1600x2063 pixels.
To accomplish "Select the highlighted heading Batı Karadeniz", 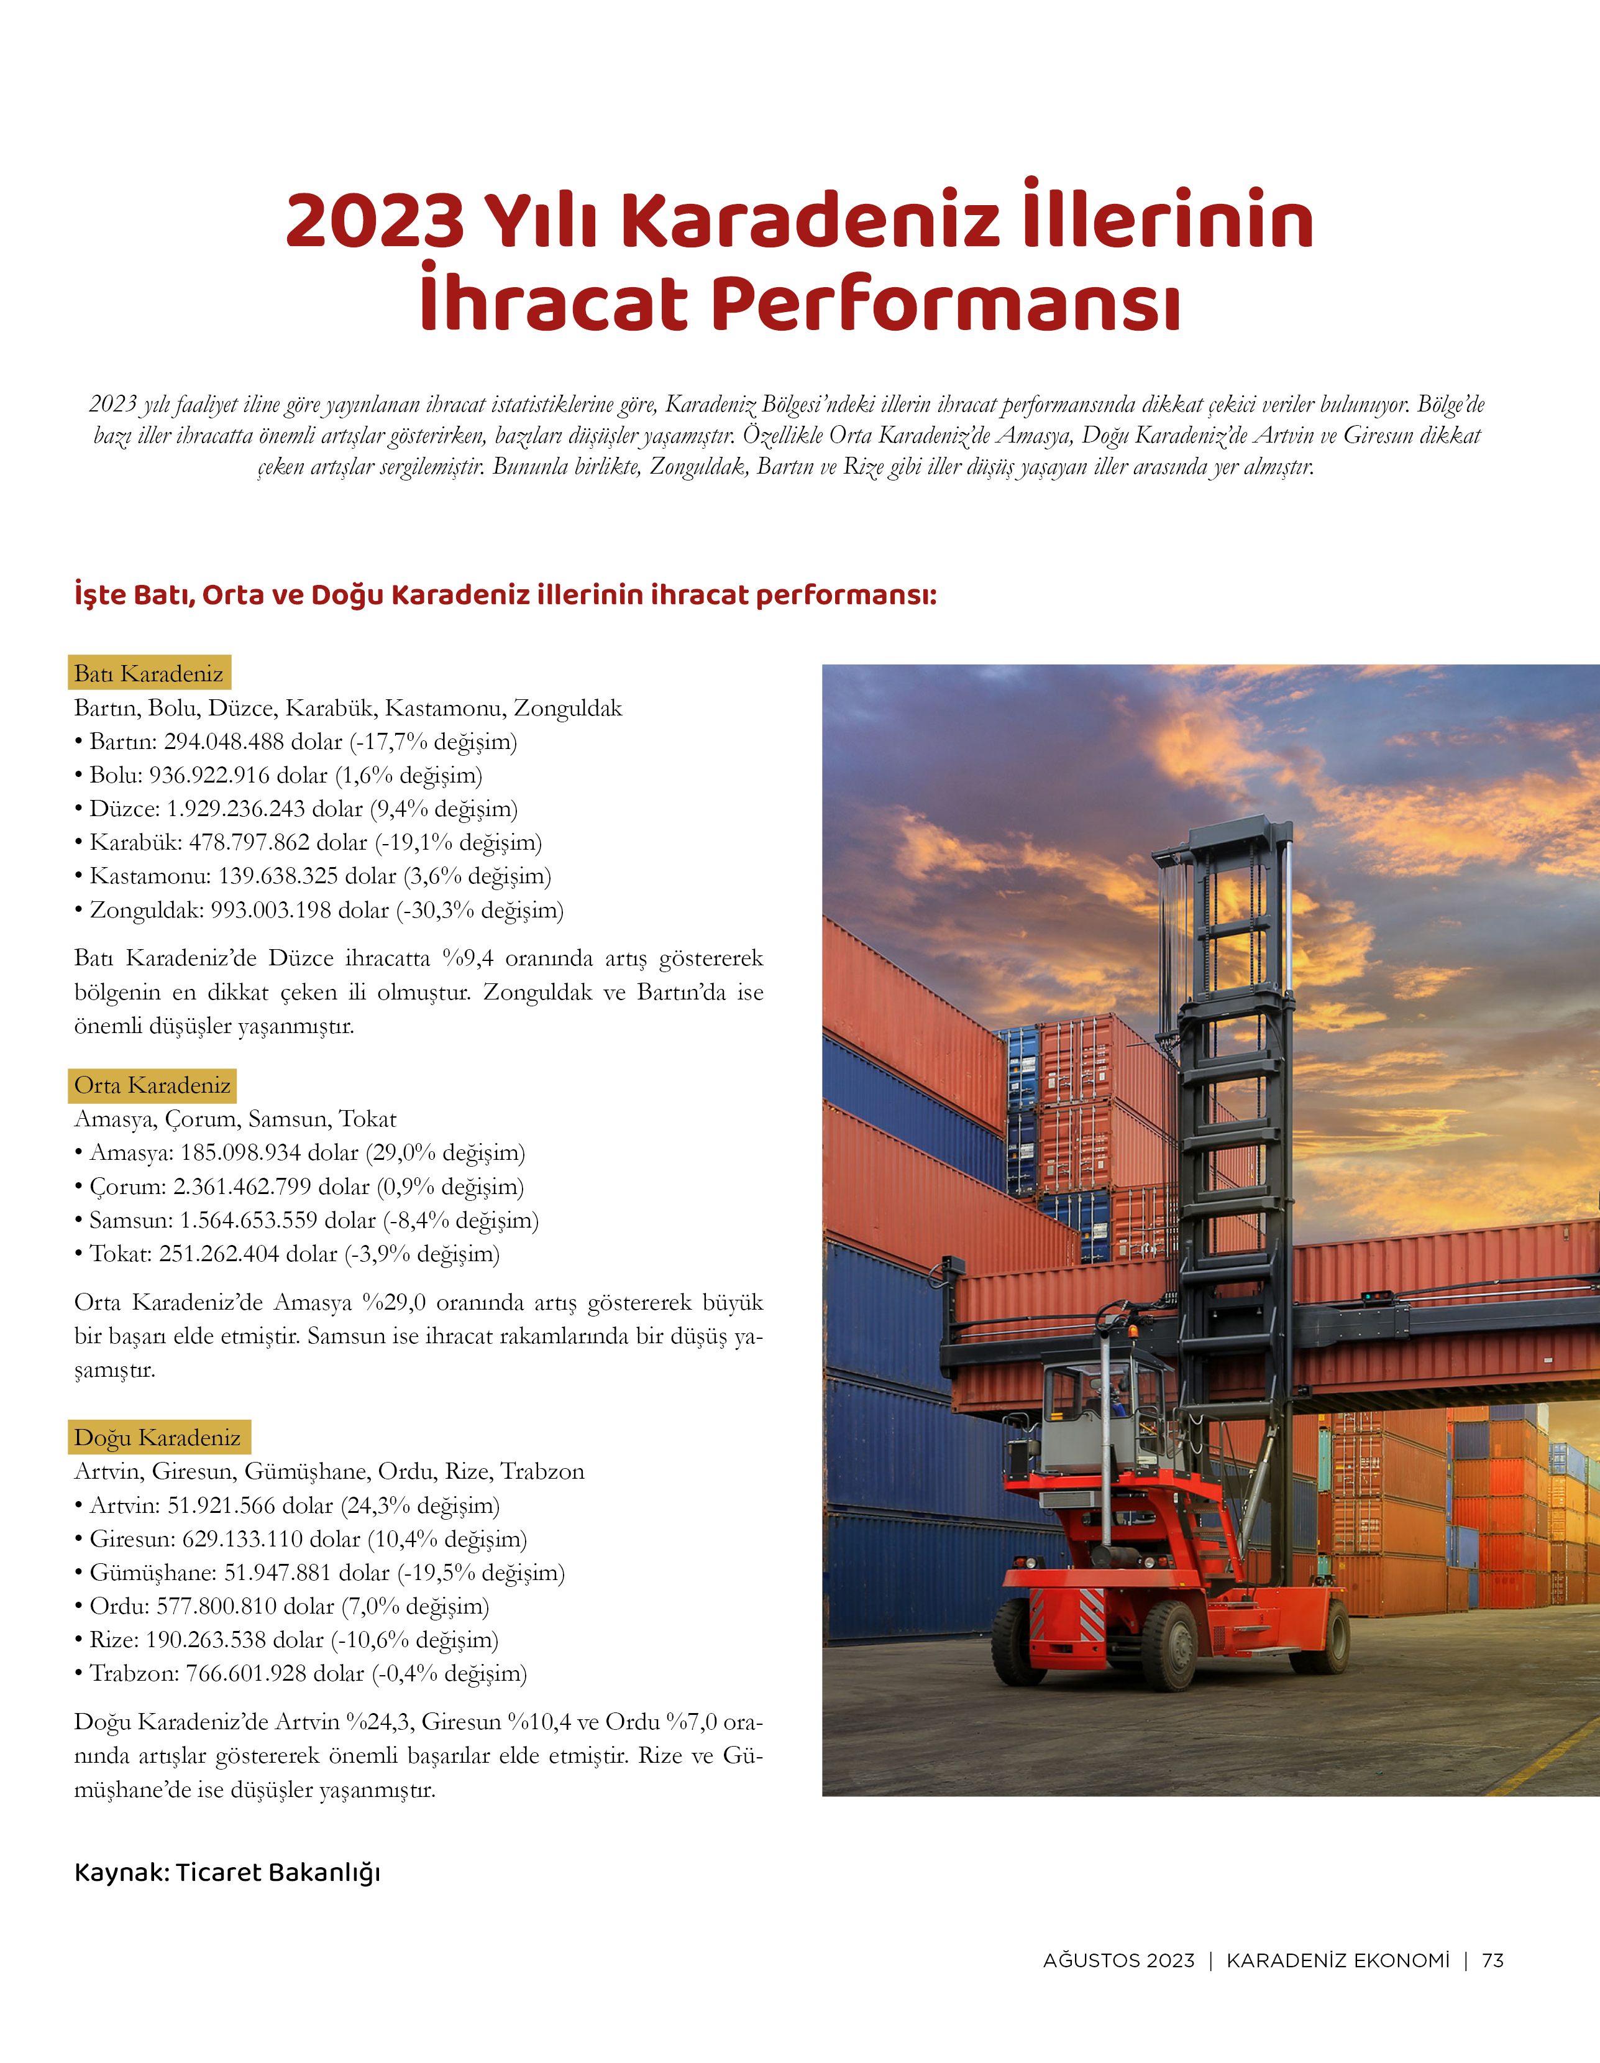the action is tap(149, 673).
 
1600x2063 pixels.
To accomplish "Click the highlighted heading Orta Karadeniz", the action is tap(152, 1085).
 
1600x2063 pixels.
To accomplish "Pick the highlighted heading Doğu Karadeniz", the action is tap(158, 1436).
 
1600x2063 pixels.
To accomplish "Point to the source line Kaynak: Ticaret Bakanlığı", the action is tap(227, 1872).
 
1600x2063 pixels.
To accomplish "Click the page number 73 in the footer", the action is tap(1493, 1960).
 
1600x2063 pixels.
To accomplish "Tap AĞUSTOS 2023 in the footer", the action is tap(1118, 1960).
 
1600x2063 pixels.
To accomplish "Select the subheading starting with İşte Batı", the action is tap(505, 595).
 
